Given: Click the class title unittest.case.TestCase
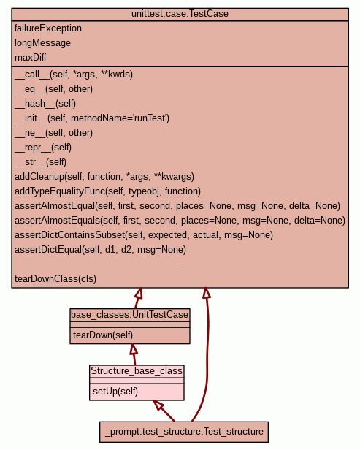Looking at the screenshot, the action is tap(180, 14).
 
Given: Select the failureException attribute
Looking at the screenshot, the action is tap(48, 28).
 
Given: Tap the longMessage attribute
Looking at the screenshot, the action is tap(42, 43).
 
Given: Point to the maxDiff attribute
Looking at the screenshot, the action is tap(30, 58).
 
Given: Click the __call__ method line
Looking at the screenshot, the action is tap(74, 75).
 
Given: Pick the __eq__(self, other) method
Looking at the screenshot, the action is tap(53, 89).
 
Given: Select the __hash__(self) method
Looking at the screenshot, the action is tap(45, 104).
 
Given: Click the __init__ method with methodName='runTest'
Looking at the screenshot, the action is tap(92, 118).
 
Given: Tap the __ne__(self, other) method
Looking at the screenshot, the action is tap(53, 133).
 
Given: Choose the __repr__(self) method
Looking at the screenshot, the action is tap(43, 148).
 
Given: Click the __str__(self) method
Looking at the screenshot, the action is tap(40, 162).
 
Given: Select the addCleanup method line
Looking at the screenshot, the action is tap(104, 177).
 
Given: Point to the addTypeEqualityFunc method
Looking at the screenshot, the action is tap(107, 191).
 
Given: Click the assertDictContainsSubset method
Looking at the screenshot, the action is tap(144, 235).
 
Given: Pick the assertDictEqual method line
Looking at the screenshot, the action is tap(100, 250).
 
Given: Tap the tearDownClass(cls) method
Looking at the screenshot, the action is tap(55, 279).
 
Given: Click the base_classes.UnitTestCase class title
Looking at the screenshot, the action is tap(130, 315).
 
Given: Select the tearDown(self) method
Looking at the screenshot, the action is tap(103, 335).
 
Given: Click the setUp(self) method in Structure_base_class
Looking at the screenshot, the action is tap(115, 391).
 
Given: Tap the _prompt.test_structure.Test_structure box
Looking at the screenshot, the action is tap(184, 432).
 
